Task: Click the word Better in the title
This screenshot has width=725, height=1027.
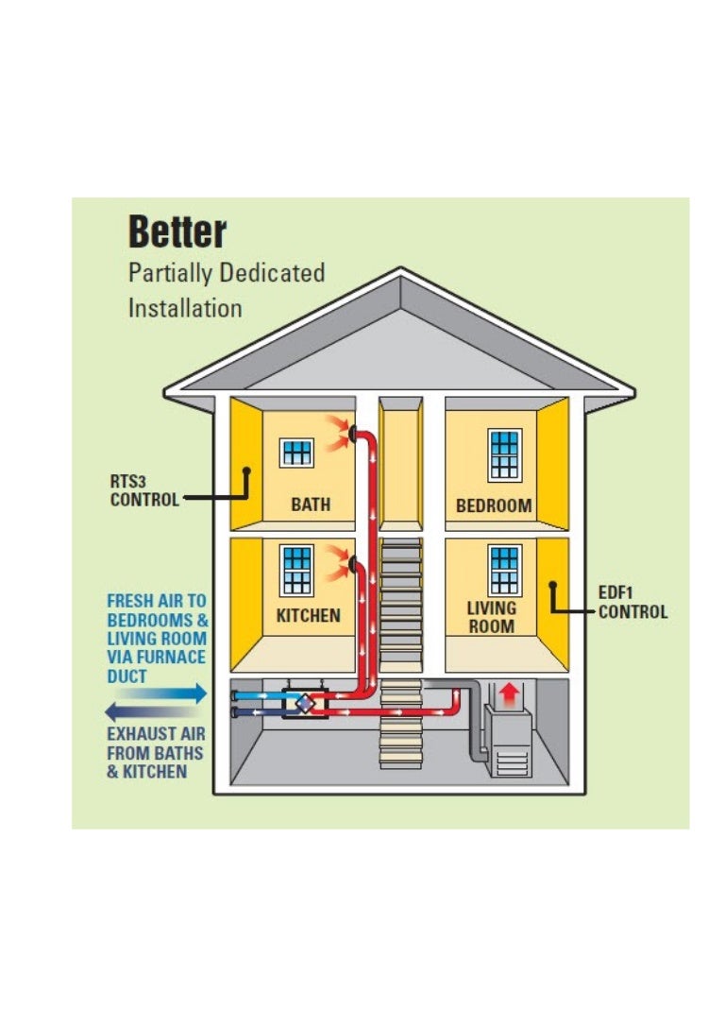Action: (177, 231)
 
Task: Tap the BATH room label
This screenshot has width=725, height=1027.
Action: (311, 505)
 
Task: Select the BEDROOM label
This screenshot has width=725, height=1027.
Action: (494, 505)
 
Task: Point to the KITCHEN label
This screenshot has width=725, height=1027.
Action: (308, 616)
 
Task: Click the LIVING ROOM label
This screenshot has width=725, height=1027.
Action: (492, 617)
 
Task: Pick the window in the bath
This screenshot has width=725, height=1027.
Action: (296, 453)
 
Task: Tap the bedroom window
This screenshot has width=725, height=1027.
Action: (504, 454)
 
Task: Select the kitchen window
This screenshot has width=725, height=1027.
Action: (297, 571)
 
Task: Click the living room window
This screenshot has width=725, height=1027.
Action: (504, 570)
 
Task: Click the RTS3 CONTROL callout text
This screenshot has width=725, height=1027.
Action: (143, 490)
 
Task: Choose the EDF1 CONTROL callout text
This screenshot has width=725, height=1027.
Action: (632, 603)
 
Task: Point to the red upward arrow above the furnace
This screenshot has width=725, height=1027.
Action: (509, 695)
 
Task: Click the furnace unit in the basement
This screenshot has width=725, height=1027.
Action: (508, 741)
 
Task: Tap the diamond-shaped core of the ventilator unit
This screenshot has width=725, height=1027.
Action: (305, 704)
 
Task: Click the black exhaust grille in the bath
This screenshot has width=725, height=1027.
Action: (353, 433)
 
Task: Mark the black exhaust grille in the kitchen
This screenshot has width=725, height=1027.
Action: (353, 564)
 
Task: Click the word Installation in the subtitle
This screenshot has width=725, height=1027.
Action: (185, 308)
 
